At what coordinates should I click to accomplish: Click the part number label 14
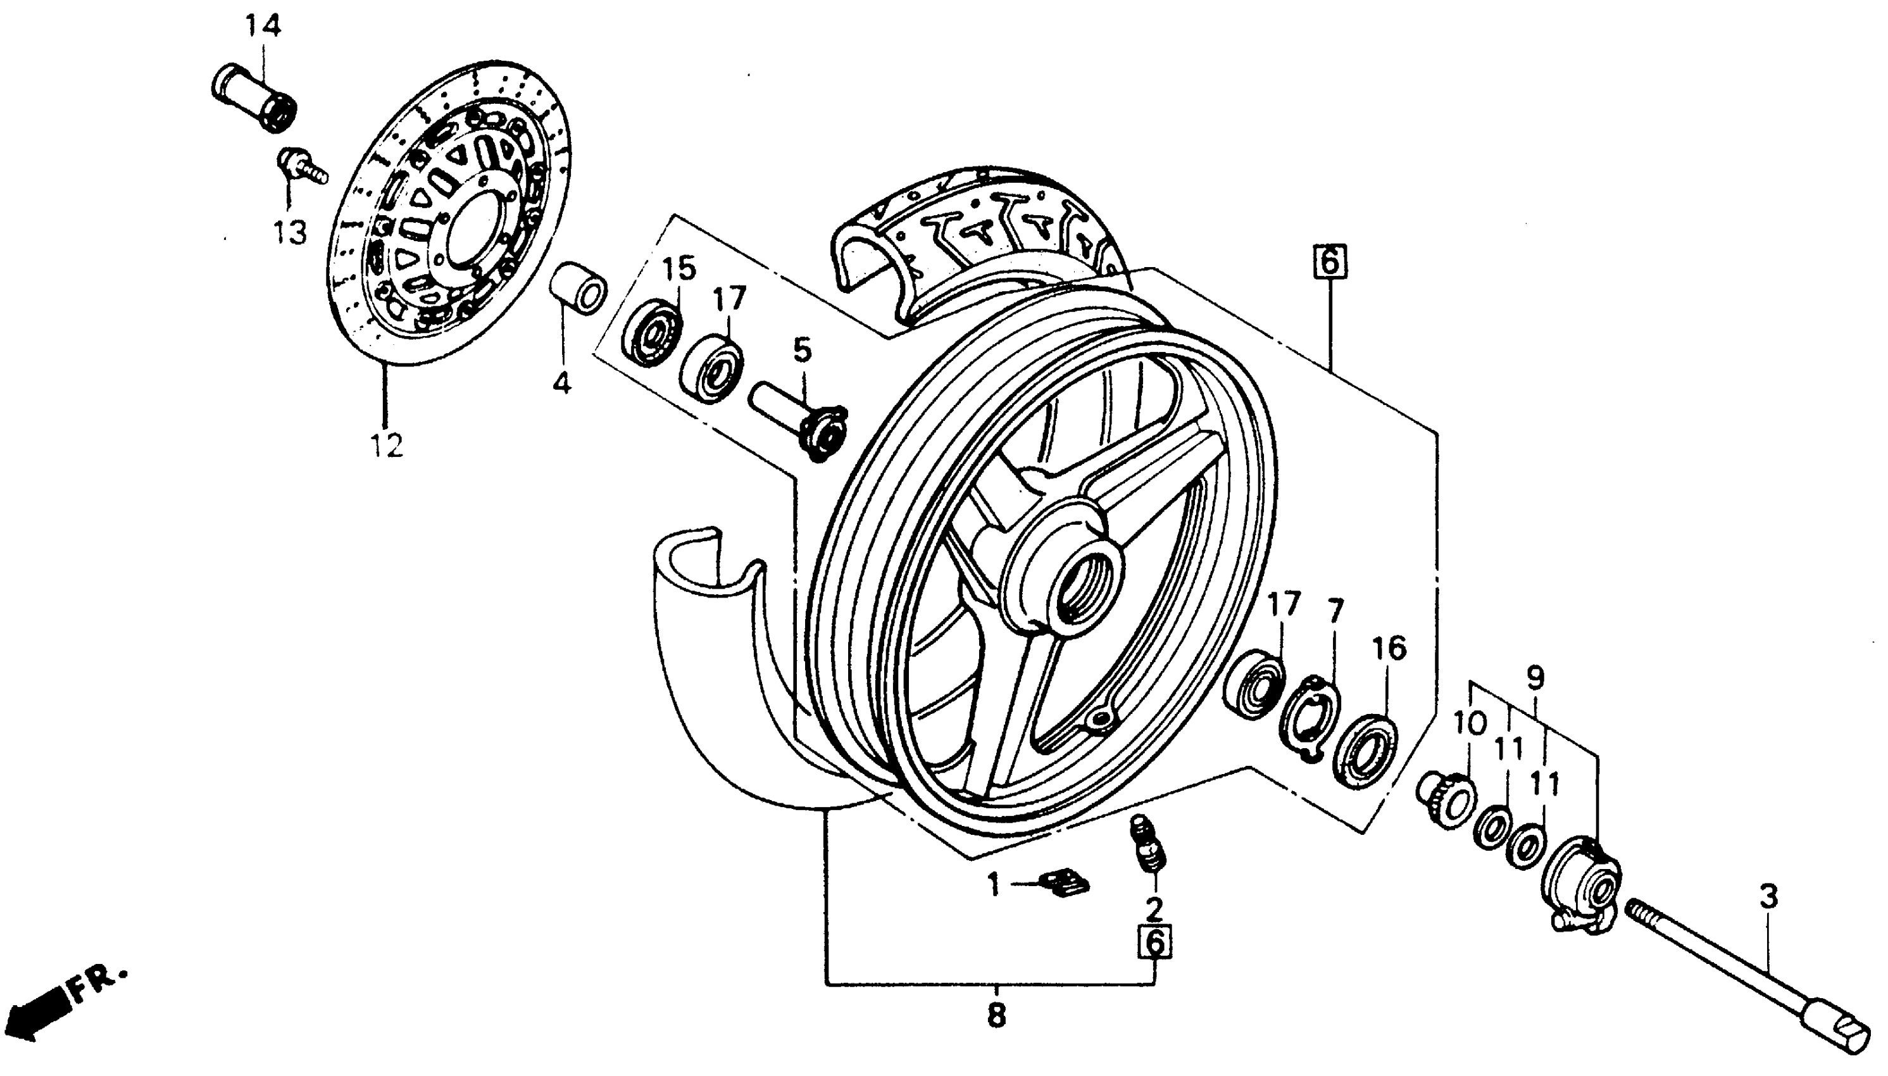coord(263,27)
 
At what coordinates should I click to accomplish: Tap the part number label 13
coord(290,233)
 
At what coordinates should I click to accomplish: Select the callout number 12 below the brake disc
coord(387,446)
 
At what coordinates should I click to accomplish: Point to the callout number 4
coord(562,383)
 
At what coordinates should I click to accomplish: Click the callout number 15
coord(678,268)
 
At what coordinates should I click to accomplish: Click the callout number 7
coord(1335,611)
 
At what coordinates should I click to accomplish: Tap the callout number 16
coord(1389,648)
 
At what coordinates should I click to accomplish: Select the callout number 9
coord(1535,678)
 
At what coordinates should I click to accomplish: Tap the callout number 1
coord(994,884)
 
